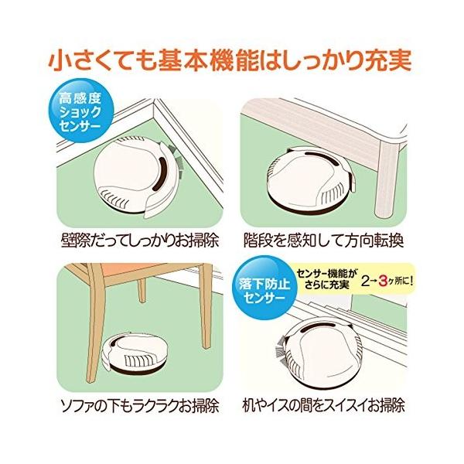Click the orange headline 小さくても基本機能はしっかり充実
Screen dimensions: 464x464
click(230, 61)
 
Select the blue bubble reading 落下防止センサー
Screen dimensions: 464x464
click(264, 288)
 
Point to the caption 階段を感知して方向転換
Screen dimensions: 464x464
click(324, 241)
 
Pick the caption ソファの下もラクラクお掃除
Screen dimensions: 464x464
click(139, 406)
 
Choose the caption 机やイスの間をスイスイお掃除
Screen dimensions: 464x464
click(323, 405)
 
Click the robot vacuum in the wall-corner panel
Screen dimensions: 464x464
click(137, 177)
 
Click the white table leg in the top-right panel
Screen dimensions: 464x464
click(388, 179)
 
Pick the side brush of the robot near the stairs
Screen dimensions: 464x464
click(282, 350)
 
